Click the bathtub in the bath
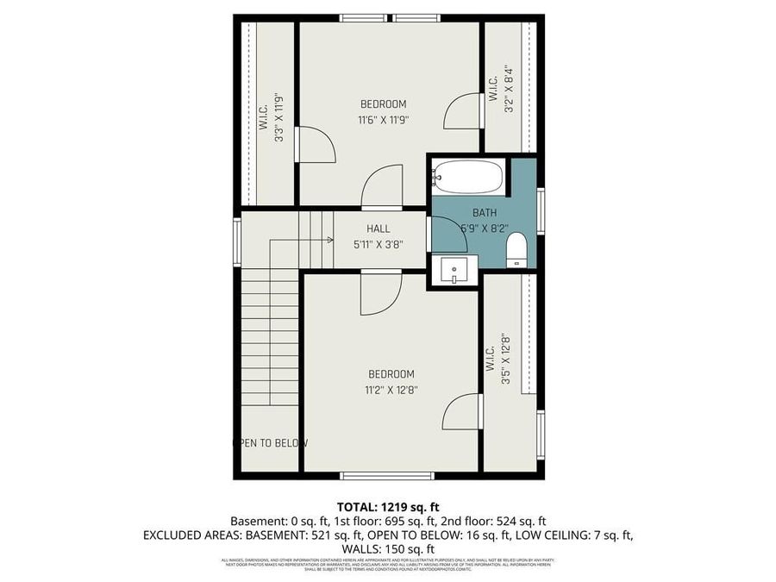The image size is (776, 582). pyautogui.click(x=466, y=177)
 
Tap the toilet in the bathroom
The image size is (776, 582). pyautogui.click(x=516, y=252)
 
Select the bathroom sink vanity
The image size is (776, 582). pyautogui.click(x=453, y=271)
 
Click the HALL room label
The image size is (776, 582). pyautogui.click(x=379, y=229)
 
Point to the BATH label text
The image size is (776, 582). pyautogui.click(x=484, y=213)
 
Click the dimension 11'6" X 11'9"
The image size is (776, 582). pyautogui.click(x=384, y=120)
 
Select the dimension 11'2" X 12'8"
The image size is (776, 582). pyautogui.click(x=391, y=390)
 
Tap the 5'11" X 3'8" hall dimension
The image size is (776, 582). pyautogui.click(x=379, y=244)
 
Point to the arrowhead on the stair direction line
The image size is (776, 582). pyautogui.click(x=330, y=240)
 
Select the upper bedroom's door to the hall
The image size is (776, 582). pyautogui.click(x=379, y=189)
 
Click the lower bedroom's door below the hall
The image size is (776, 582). pyautogui.click(x=379, y=293)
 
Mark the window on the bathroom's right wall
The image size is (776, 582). pyautogui.click(x=540, y=210)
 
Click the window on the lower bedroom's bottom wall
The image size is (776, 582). pyautogui.click(x=374, y=475)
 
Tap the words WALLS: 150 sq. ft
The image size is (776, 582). pyautogui.click(x=387, y=549)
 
